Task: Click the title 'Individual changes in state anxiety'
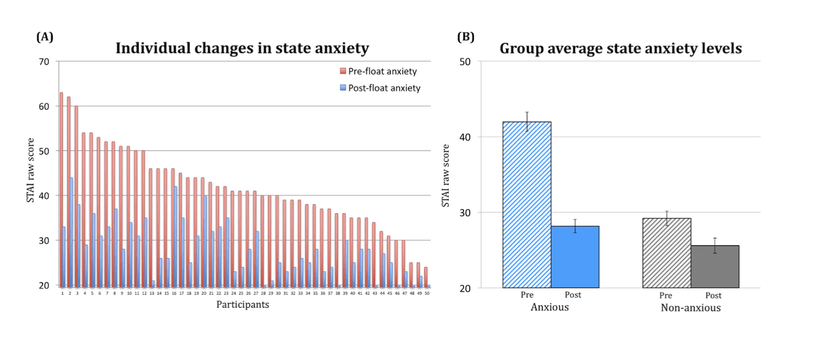(x=242, y=49)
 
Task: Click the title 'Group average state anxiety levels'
(x=620, y=49)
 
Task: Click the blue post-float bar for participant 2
(x=72, y=232)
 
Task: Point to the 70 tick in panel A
(x=44, y=61)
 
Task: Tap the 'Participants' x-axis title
(x=242, y=304)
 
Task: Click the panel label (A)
(x=44, y=37)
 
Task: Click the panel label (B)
(x=466, y=37)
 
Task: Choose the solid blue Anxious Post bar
(x=575, y=257)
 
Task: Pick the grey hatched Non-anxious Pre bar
(x=667, y=253)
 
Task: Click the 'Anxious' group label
(x=549, y=308)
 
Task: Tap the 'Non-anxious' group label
(x=691, y=308)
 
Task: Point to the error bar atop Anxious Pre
(x=527, y=121)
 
